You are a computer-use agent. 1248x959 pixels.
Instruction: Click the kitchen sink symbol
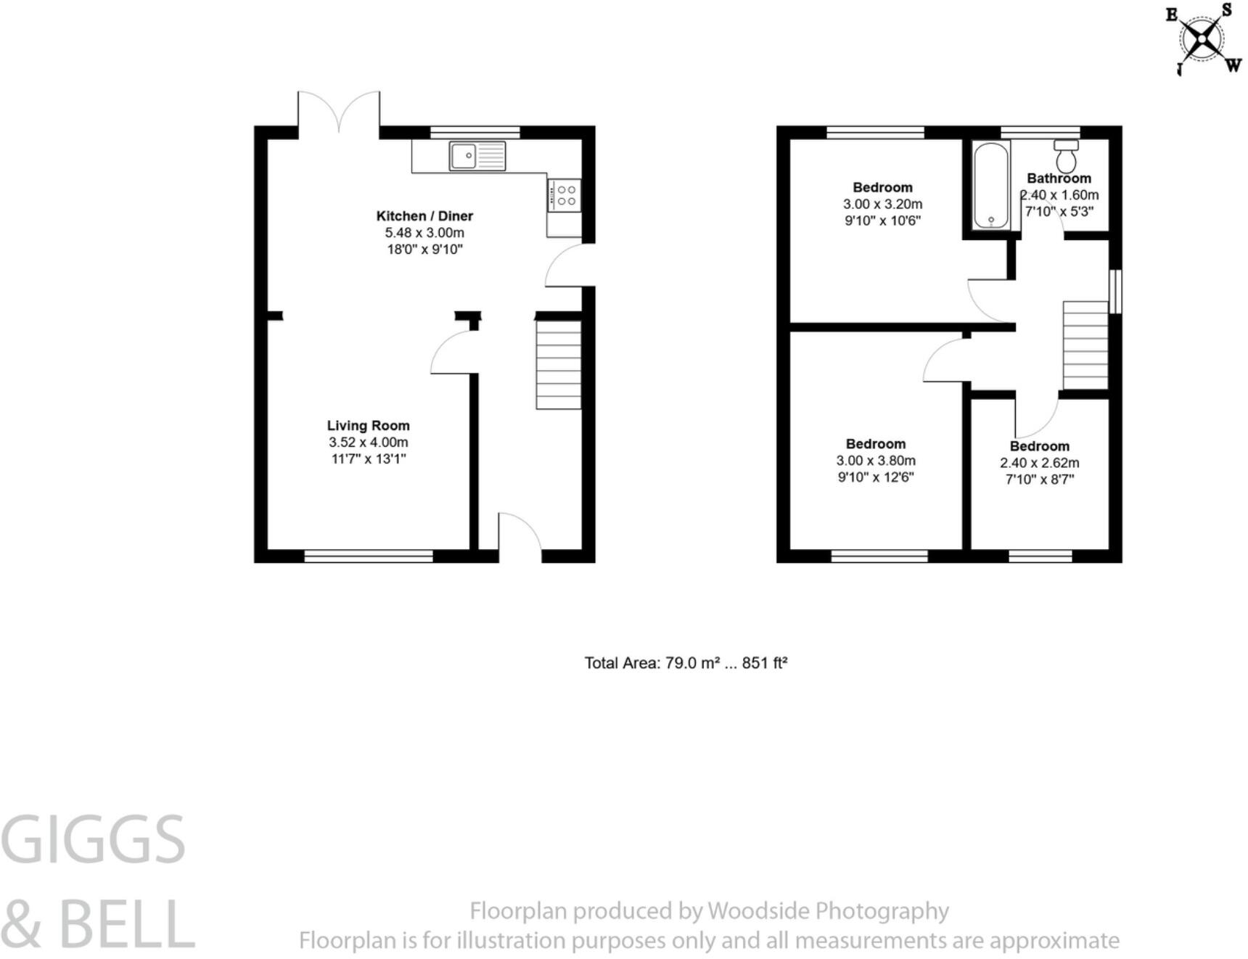pyautogui.click(x=477, y=156)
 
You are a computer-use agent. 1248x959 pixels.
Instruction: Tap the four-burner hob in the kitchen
pyautogui.click(x=565, y=195)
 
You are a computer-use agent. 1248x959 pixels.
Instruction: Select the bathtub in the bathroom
pyautogui.click(x=990, y=185)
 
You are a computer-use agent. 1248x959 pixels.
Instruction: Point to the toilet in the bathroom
pyautogui.click(x=1066, y=155)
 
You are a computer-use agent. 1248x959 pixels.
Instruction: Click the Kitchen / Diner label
pyautogui.click(x=424, y=216)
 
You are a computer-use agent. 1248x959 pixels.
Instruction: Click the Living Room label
pyautogui.click(x=368, y=426)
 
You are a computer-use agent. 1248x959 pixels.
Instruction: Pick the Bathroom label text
pyautogui.click(x=1059, y=178)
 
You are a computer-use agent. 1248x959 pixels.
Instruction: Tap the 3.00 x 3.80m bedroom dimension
pyautogui.click(x=876, y=461)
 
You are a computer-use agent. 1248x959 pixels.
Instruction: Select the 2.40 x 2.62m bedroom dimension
pyautogui.click(x=1039, y=463)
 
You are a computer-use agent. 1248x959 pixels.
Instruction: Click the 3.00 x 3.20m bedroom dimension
pyautogui.click(x=882, y=205)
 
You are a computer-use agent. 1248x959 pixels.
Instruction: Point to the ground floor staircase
pyautogui.click(x=558, y=365)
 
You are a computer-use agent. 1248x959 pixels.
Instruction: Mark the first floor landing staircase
pyautogui.click(x=1085, y=346)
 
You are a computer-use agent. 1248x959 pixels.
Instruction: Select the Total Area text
pyautogui.click(x=686, y=663)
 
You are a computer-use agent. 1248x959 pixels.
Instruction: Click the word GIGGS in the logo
pyautogui.click(x=93, y=840)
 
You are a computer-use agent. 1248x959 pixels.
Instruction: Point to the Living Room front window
pyautogui.click(x=368, y=556)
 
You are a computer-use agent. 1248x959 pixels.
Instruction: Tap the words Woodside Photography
pyautogui.click(x=828, y=911)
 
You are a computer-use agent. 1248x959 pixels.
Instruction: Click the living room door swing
pyautogui.click(x=453, y=353)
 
